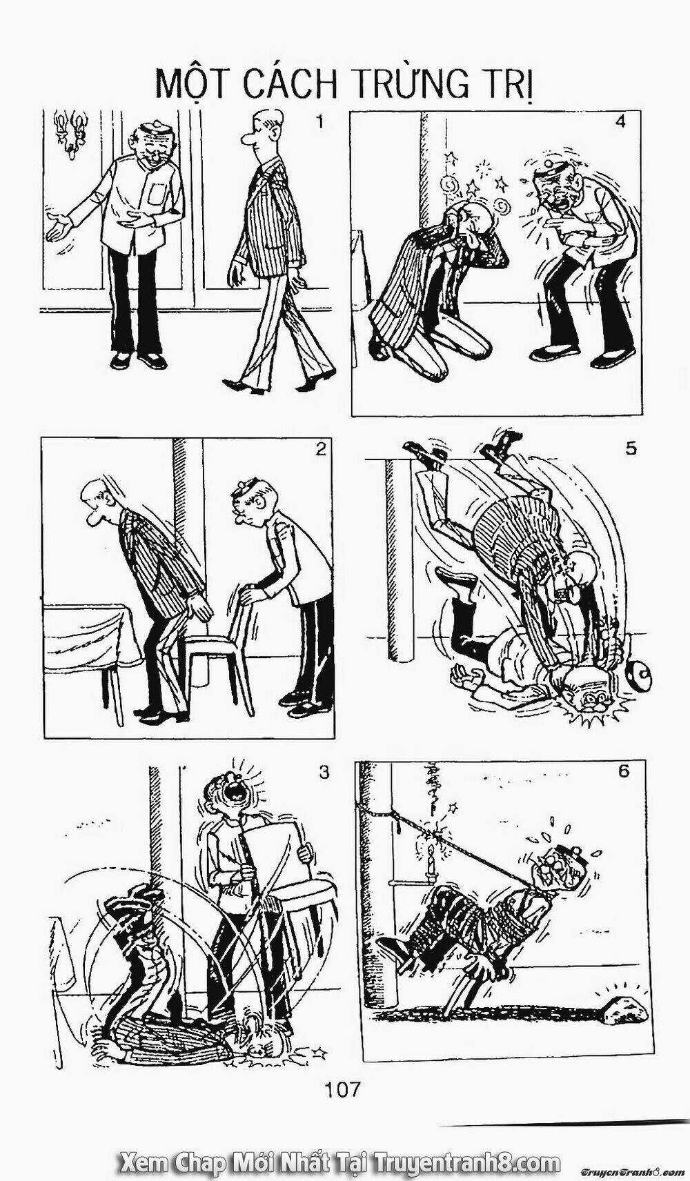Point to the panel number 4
pyautogui.click(x=620, y=121)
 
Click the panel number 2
pyautogui.click(x=319, y=450)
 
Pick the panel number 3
pyautogui.click(x=324, y=772)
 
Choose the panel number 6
pyautogui.click(x=624, y=771)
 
